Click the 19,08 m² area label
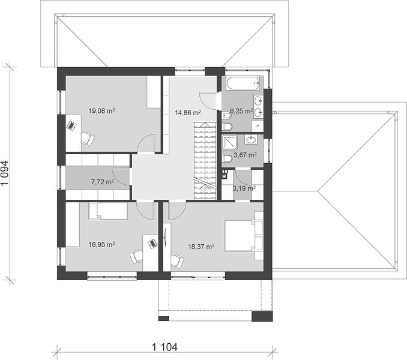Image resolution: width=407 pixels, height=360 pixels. point(102,111)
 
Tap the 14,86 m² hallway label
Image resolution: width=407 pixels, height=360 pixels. point(188,113)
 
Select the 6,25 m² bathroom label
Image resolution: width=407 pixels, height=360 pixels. point(241,111)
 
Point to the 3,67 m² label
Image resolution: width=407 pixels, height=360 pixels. point(246,155)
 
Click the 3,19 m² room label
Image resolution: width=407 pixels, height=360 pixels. point(244,188)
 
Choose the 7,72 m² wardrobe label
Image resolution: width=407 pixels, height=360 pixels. point(103,182)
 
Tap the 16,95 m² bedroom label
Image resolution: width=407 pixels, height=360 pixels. point(102,244)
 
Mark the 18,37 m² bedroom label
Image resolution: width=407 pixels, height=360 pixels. point(201,247)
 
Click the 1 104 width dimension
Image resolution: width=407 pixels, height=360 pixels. point(164,347)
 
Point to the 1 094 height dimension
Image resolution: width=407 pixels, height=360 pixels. point(5,173)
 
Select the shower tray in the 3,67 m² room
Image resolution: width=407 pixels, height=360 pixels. point(230,142)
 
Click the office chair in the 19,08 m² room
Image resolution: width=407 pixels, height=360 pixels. point(88,138)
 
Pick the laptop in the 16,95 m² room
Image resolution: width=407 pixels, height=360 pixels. point(152,243)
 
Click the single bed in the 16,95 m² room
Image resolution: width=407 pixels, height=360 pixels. point(108,211)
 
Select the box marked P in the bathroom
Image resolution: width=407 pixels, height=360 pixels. point(258,126)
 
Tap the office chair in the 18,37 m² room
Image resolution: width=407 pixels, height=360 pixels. point(177,261)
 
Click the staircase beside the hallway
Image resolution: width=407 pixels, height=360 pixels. point(205,161)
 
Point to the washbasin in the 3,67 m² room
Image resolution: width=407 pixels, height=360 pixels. point(250,140)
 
